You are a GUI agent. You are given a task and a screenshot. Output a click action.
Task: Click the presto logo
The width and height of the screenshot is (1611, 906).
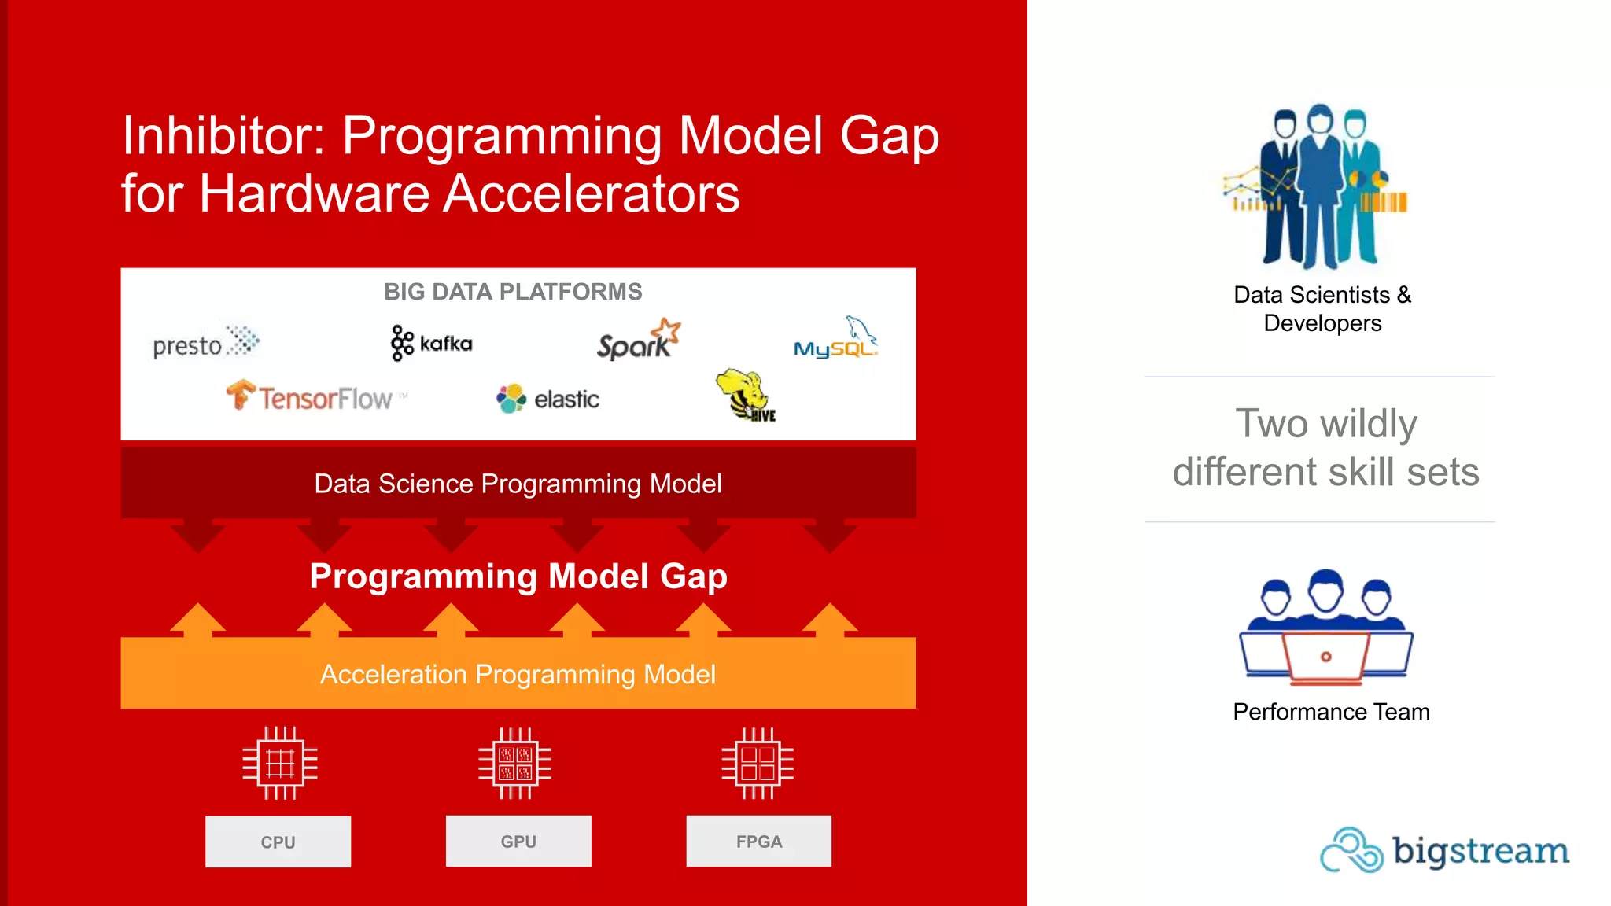tap(205, 344)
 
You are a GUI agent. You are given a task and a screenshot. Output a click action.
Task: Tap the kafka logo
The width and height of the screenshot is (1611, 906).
tap(431, 343)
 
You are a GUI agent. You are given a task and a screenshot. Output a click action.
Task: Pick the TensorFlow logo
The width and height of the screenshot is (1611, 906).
tap(315, 397)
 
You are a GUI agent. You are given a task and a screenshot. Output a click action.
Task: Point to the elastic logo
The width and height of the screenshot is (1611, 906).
tap(547, 399)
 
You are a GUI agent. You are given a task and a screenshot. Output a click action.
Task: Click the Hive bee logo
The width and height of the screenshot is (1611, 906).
tap(745, 396)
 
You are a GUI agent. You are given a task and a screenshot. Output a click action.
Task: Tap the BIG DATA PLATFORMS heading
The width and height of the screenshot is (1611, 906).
tap(513, 292)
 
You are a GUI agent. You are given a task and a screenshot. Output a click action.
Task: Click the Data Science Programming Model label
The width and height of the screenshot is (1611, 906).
tap(518, 484)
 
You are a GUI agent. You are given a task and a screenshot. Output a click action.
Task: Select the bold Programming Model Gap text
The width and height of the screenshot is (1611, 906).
tap(518, 576)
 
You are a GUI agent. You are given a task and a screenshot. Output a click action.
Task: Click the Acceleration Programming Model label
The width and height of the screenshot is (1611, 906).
tap(518, 674)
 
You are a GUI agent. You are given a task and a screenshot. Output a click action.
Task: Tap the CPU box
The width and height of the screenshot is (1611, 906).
tap(278, 842)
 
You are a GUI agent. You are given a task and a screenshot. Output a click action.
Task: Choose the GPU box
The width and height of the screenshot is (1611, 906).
tap(518, 841)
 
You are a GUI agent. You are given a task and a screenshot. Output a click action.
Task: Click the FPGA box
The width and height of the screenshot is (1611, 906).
tap(758, 841)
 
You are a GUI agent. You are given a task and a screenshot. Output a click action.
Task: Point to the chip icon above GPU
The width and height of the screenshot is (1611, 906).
tap(515, 764)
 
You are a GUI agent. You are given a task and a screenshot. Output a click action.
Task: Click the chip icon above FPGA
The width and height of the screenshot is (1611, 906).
tap(758, 764)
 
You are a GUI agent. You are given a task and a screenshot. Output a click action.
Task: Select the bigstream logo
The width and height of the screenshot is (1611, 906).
tap(1444, 850)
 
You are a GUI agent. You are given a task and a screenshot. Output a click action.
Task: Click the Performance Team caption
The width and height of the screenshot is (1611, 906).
tap(1331, 712)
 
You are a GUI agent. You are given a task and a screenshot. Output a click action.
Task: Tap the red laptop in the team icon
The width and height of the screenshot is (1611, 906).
tap(1326, 656)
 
